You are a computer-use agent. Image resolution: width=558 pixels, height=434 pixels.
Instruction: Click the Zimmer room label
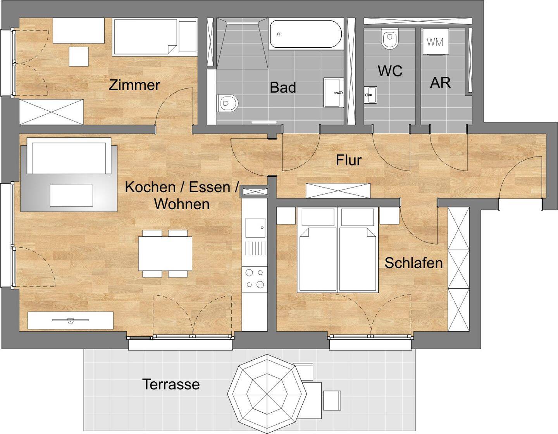134,85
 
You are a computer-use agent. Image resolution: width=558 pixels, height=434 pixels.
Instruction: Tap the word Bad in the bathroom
283,87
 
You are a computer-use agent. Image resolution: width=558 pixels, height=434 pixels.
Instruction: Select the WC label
390,71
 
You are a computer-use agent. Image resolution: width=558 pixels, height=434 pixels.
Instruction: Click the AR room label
440,83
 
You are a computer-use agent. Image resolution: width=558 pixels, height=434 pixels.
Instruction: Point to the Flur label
349,160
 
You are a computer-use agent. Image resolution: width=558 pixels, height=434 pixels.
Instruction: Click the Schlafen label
413,263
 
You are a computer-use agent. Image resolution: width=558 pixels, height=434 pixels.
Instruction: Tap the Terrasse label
171,384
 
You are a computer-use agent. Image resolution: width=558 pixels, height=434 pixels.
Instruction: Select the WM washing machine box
435,42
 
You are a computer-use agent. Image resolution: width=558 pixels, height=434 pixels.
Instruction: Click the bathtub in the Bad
306,34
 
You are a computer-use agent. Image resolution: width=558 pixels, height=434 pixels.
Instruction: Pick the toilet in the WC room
389,39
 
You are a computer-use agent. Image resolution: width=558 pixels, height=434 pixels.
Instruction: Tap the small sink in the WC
370,94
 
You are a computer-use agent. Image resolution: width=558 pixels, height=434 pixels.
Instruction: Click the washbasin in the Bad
334,93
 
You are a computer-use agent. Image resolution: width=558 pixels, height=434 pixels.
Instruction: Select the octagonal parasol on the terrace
267,394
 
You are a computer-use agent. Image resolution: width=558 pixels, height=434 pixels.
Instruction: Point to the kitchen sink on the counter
255,227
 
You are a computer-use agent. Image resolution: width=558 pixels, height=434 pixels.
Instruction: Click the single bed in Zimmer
154,37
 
